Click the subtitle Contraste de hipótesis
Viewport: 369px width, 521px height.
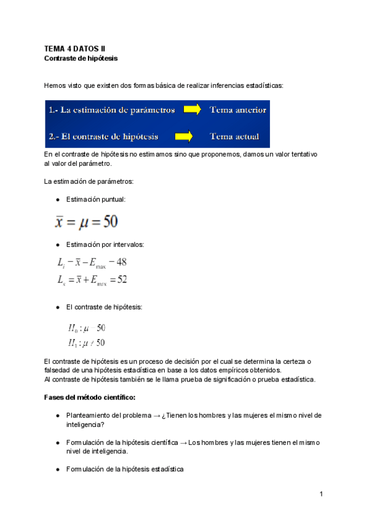click(x=81, y=58)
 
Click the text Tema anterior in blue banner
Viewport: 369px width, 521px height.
click(x=237, y=111)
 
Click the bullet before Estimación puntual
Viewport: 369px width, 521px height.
click(x=57, y=199)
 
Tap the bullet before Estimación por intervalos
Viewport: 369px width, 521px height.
click(x=57, y=245)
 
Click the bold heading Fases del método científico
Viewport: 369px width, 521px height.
click(x=90, y=398)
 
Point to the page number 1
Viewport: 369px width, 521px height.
click(x=321, y=494)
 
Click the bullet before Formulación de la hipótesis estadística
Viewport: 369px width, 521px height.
click(x=57, y=469)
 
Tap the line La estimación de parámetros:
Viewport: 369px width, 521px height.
click(x=89, y=181)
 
